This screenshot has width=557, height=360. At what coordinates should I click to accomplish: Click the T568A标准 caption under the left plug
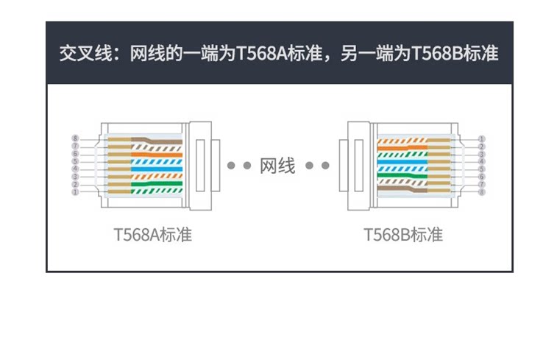[153, 236]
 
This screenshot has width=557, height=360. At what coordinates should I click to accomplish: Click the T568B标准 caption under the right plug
[403, 236]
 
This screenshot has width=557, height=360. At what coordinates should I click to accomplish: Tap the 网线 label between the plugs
[278, 166]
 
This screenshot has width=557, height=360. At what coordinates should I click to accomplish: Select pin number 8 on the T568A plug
[74, 138]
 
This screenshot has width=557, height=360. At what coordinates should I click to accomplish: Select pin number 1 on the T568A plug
[74, 192]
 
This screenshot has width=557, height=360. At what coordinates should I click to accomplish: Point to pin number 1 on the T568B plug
[481, 138]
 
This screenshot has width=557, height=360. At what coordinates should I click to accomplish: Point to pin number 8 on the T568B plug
[481, 192]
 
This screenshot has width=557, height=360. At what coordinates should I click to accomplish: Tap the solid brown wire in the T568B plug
[401, 193]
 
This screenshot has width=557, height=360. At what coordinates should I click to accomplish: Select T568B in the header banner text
[437, 54]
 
